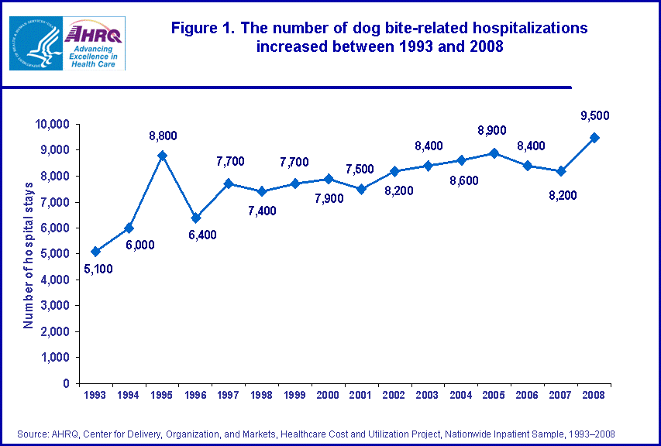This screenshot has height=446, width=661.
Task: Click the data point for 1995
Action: pos(162,156)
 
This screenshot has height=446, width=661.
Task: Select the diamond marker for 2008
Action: pos(594,137)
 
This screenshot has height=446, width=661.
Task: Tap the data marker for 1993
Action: pos(95,252)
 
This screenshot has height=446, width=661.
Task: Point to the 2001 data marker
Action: pos(361,189)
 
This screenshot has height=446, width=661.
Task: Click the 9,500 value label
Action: pos(594,116)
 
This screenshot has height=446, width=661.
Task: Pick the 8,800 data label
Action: pos(163,136)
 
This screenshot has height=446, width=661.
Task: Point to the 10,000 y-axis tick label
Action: pos(53,124)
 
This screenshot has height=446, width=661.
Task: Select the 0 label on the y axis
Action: pos(67,383)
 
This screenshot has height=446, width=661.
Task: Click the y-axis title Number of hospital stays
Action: pos(29,253)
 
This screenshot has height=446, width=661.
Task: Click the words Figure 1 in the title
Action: pos(202,29)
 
